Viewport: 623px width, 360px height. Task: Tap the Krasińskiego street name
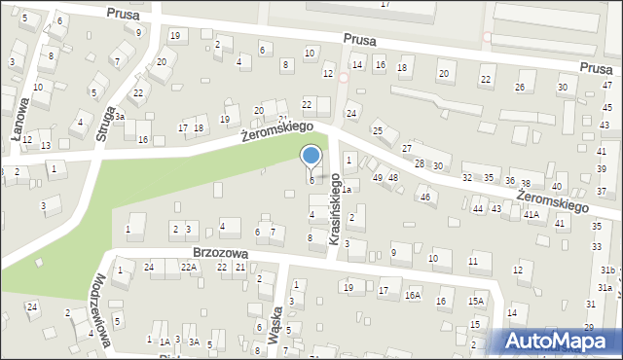pos(336,216)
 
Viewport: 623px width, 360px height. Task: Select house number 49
pos(378,178)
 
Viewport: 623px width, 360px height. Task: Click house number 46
pos(424,198)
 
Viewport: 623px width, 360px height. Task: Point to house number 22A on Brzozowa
pos(188,268)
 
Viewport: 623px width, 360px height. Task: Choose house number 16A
pos(413,295)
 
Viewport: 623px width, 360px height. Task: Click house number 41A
pos(531,215)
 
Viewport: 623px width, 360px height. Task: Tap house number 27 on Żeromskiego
pos(407,148)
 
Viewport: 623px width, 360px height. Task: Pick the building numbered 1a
pos(345,189)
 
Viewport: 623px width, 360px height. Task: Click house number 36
pos(509,181)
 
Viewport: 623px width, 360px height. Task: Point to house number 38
pos(526,184)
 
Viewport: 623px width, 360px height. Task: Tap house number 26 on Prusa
pos(520,88)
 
